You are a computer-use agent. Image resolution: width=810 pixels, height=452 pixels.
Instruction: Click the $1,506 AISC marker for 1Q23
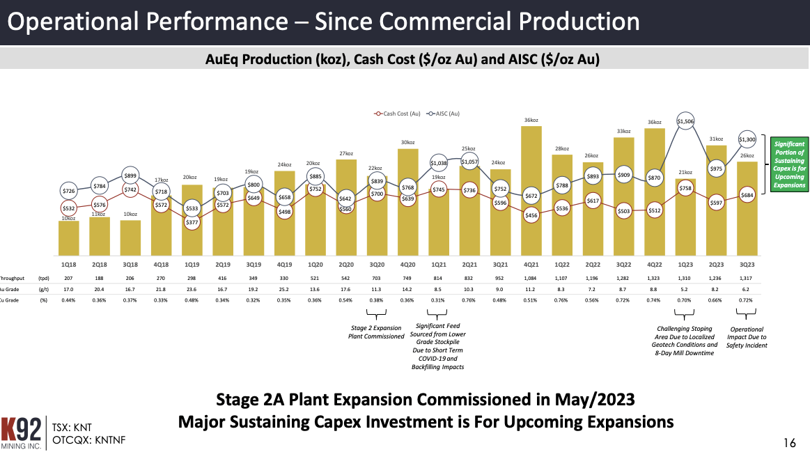pyautogui.click(x=685, y=121)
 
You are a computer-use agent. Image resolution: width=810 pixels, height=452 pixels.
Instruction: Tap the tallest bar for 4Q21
pyautogui.click(x=531, y=188)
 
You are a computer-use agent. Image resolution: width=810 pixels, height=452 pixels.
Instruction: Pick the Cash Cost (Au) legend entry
pyautogui.click(x=397, y=113)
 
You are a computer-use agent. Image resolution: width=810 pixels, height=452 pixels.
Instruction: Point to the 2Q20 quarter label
pyautogui.click(x=346, y=265)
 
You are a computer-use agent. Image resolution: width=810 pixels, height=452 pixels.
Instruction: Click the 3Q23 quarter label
pyautogui.click(x=747, y=265)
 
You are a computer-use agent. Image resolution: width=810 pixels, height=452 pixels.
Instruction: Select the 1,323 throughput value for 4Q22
pyautogui.click(x=654, y=278)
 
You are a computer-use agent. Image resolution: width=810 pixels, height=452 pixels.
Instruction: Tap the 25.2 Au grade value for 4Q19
pyautogui.click(x=284, y=289)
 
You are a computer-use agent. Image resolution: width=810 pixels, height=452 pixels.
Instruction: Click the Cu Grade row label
pyautogui.click(x=8, y=300)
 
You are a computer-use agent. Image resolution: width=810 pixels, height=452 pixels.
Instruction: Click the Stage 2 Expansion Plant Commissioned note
pyautogui.click(x=376, y=332)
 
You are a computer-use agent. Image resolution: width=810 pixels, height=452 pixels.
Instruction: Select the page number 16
pyautogui.click(x=789, y=442)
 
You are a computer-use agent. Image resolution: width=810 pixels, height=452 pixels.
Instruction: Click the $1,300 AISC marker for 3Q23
pyautogui.click(x=747, y=139)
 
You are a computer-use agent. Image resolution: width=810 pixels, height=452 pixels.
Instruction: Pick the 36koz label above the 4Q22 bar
pyautogui.click(x=654, y=122)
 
